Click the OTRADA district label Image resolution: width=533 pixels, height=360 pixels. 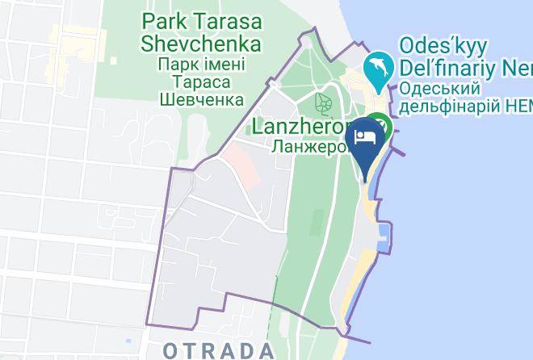click(x=218, y=350)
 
